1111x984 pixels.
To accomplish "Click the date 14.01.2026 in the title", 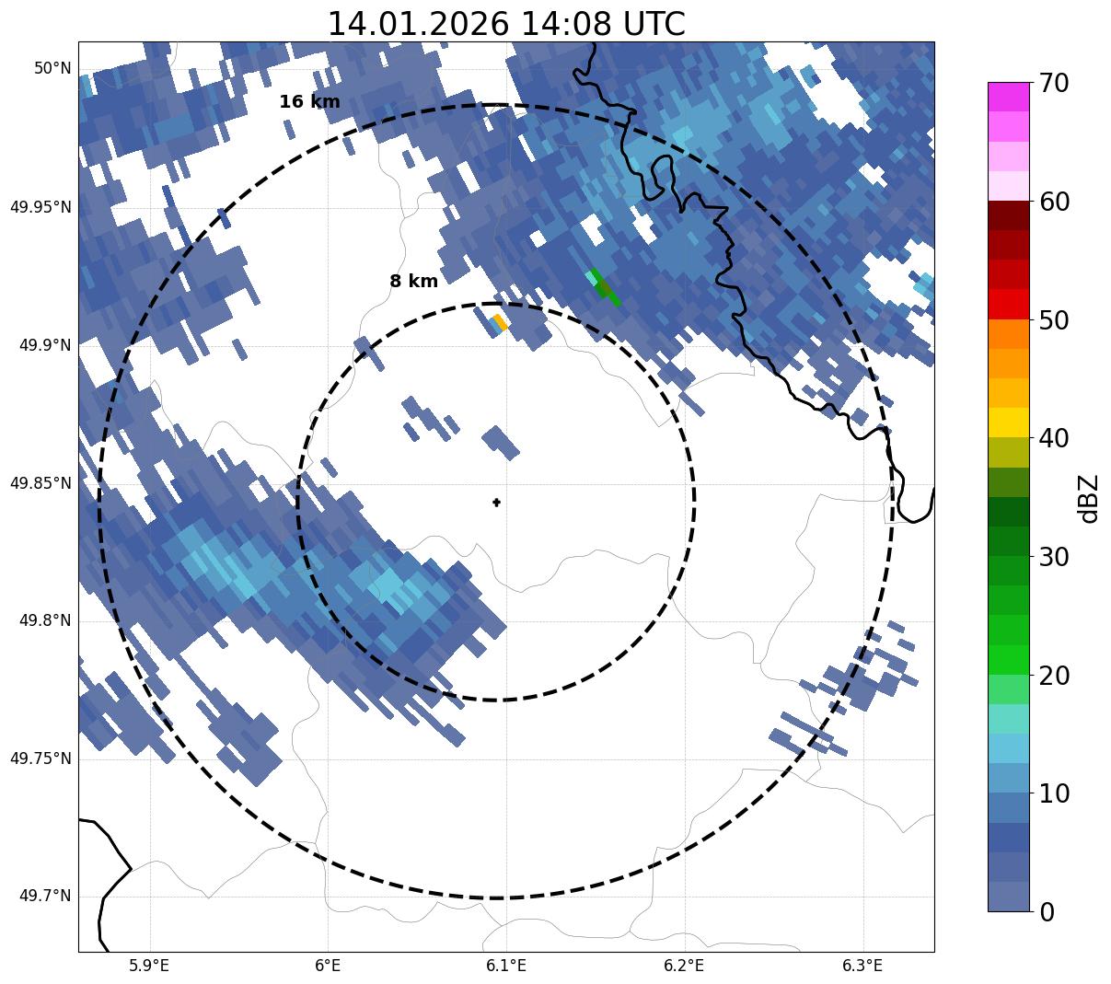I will point(418,24).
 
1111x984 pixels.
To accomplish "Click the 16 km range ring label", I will point(309,102).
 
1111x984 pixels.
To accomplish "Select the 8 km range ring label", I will point(413,282).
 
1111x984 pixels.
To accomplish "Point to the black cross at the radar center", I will point(497,503).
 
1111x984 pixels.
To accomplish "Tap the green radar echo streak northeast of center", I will point(604,288).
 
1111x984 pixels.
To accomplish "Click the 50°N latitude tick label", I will point(52,68).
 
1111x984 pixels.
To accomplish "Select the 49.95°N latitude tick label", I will point(41,207).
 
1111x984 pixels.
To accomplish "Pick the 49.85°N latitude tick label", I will point(41,483).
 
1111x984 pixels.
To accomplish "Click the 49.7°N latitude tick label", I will point(45,897).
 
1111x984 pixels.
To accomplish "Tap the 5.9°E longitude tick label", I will point(149,966).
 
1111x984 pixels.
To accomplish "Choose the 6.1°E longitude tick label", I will point(506,966).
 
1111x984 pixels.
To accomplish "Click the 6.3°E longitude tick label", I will point(862,966).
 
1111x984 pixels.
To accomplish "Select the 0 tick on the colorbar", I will point(1047,912).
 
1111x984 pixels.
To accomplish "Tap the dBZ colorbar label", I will point(1089,498).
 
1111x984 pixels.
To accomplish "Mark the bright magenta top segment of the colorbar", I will point(1008,97).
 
